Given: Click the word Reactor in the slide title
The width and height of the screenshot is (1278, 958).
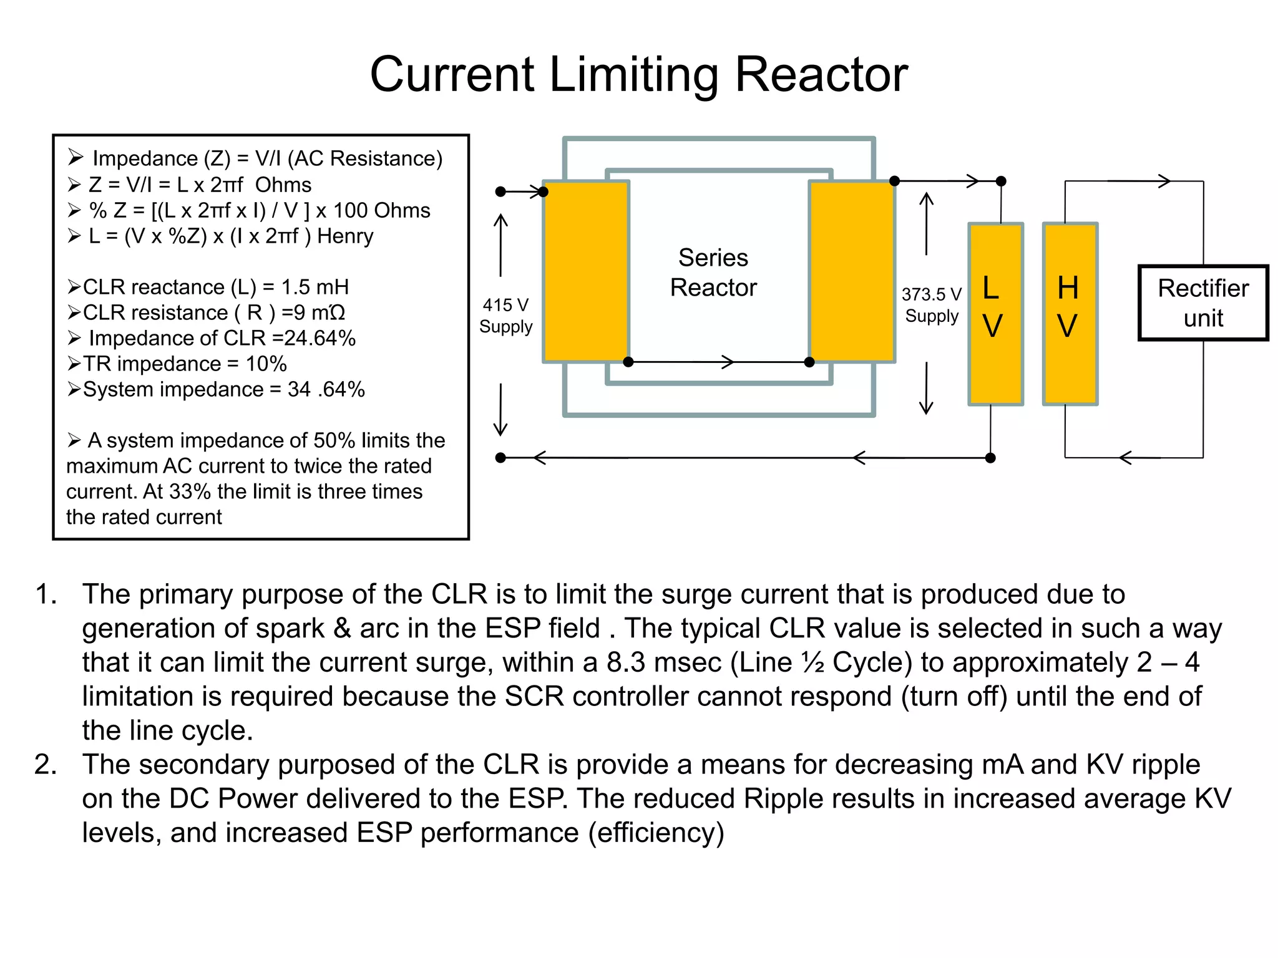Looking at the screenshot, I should coord(821,75).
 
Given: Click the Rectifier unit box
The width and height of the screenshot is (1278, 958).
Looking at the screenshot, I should coord(1202,303).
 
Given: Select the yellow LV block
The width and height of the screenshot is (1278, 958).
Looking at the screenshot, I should coord(995,314).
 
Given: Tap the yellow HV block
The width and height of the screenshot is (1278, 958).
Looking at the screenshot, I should coord(1070,314).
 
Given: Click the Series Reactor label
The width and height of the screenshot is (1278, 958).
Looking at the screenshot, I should coord(713,273).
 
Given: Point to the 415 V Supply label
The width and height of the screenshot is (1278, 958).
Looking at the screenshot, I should coord(505,316).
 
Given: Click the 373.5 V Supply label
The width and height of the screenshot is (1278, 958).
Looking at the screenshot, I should coord(931,305).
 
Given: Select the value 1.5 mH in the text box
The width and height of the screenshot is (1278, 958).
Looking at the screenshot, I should coord(315,287).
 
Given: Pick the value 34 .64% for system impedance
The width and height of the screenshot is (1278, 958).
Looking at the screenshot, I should coord(326,389).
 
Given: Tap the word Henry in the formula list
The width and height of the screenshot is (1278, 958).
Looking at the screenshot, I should coord(345,236).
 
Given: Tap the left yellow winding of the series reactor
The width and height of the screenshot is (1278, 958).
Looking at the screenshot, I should coord(585,271).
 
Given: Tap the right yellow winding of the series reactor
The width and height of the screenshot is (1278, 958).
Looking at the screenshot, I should coord(852,271).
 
